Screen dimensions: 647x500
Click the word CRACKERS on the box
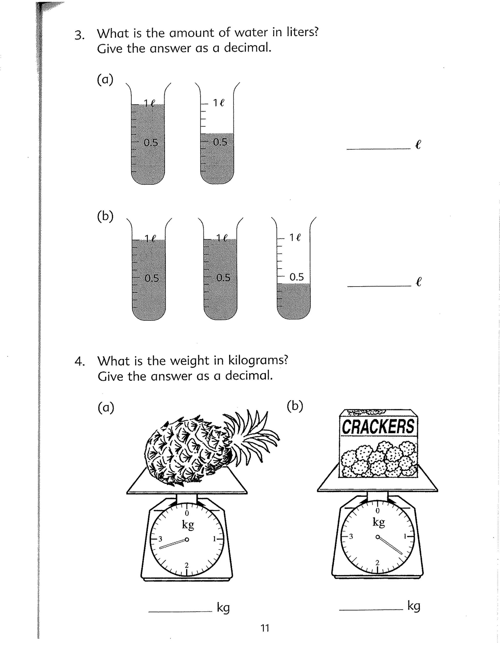pos(378,427)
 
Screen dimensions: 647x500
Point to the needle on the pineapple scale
pos(173,544)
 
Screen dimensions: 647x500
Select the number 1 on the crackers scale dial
pos(405,536)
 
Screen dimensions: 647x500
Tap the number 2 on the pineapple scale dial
pos(187,565)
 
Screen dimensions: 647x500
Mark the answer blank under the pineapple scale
pos(180,611)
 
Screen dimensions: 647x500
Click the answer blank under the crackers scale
pos(371,609)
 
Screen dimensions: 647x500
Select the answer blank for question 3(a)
pos(378,148)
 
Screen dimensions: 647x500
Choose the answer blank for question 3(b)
pos(379,286)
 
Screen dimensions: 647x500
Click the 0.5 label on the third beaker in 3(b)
pos(296,277)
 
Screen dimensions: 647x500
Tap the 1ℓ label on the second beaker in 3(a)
pos(219,103)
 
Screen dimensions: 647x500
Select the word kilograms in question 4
pos(258,360)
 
